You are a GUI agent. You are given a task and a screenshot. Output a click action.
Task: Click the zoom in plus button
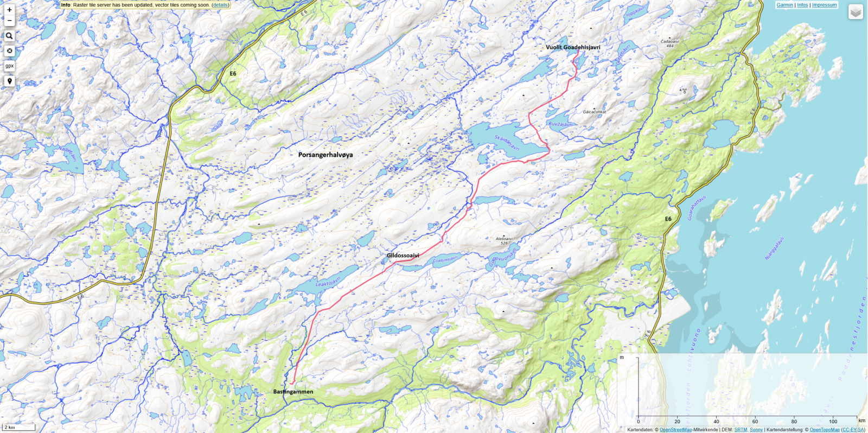point(9,10)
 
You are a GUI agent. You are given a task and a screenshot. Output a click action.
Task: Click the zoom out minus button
point(9,21)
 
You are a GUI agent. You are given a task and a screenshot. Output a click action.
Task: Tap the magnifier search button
point(9,36)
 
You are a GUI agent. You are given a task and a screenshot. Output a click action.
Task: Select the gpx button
point(9,66)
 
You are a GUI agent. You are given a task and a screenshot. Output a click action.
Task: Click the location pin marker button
point(9,81)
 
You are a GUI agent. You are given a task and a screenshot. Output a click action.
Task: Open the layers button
point(856,12)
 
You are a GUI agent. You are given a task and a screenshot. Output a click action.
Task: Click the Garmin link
point(784,5)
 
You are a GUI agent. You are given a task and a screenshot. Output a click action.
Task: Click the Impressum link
point(824,5)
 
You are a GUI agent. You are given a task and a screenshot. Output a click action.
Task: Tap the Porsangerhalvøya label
point(325,155)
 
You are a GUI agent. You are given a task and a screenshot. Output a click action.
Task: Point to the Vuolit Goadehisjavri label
point(572,47)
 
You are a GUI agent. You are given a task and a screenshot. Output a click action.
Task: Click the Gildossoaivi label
point(403,256)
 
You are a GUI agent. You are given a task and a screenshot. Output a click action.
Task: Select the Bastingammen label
point(293,392)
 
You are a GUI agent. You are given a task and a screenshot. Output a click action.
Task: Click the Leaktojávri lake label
point(328,282)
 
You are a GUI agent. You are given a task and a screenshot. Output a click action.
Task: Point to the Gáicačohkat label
point(595,112)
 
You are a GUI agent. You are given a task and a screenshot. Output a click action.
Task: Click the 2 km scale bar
point(18,428)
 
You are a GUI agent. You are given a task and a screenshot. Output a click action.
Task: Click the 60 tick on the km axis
point(755,422)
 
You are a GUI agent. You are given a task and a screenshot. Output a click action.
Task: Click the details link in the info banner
point(220,5)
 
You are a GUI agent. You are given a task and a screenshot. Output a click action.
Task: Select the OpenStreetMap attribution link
point(675,430)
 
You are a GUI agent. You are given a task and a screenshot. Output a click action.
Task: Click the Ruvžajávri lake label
point(560,124)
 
